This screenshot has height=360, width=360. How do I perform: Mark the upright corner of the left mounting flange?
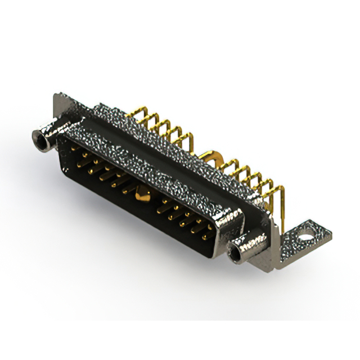(58, 101)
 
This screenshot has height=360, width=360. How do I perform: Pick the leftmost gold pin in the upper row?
(84, 152)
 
